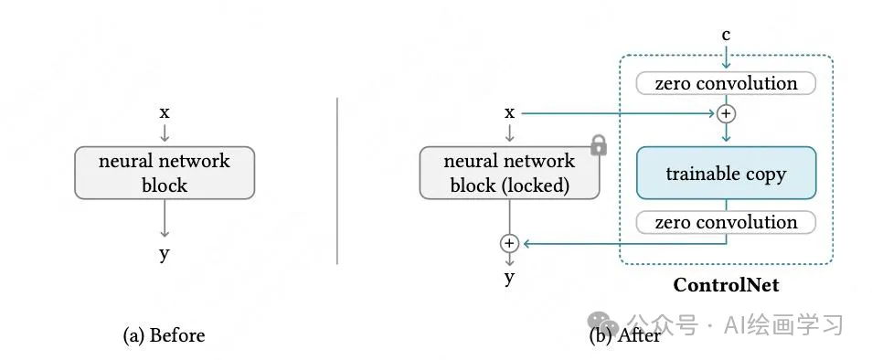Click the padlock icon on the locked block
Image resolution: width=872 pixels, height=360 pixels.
pyautogui.click(x=599, y=144)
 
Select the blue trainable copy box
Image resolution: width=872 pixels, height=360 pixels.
pyautogui.click(x=726, y=173)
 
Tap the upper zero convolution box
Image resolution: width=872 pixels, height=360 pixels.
pyautogui.click(x=726, y=84)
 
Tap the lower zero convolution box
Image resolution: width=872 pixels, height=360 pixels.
pyautogui.click(x=726, y=222)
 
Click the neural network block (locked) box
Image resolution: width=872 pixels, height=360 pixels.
pyautogui.click(x=509, y=173)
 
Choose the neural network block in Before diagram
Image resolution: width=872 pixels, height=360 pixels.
pyautogui.click(x=165, y=173)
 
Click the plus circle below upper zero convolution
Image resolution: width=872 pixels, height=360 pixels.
pyautogui.click(x=726, y=113)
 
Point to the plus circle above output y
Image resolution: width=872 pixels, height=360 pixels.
pyautogui.click(x=509, y=243)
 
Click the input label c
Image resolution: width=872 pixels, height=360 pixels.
pyautogui.click(x=726, y=35)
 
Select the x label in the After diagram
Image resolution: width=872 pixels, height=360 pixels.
pyautogui.click(x=509, y=112)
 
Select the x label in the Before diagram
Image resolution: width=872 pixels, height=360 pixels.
pyautogui.click(x=165, y=112)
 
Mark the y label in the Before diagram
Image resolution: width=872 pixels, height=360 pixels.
pyautogui.click(x=165, y=253)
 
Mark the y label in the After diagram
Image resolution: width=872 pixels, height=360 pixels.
pyautogui.click(x=509, y=277)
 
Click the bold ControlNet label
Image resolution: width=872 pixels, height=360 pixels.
pyautogui.click(x=726, y=285)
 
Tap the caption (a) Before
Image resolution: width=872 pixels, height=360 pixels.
pyautogui.click(x=165, y=335)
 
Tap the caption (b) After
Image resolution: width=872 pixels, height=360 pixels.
pyautogui.click(x=626, y=335)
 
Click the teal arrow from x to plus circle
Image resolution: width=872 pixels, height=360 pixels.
pyautogui.click(x=622, y=113)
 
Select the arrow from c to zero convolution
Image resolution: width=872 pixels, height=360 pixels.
pyautogui.click(x=726, y=57)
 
